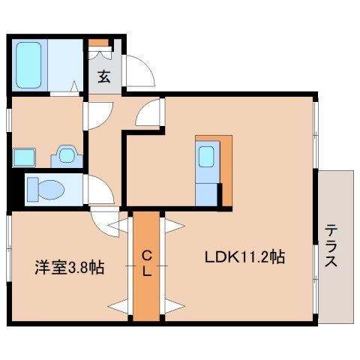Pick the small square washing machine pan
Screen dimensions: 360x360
click(x=23, y=157)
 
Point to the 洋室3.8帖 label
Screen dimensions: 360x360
click(x=67, y=266)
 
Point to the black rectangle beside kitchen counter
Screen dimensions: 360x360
click(x=220, y=196)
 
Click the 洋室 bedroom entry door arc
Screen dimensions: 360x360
click(x=103, y=222)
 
